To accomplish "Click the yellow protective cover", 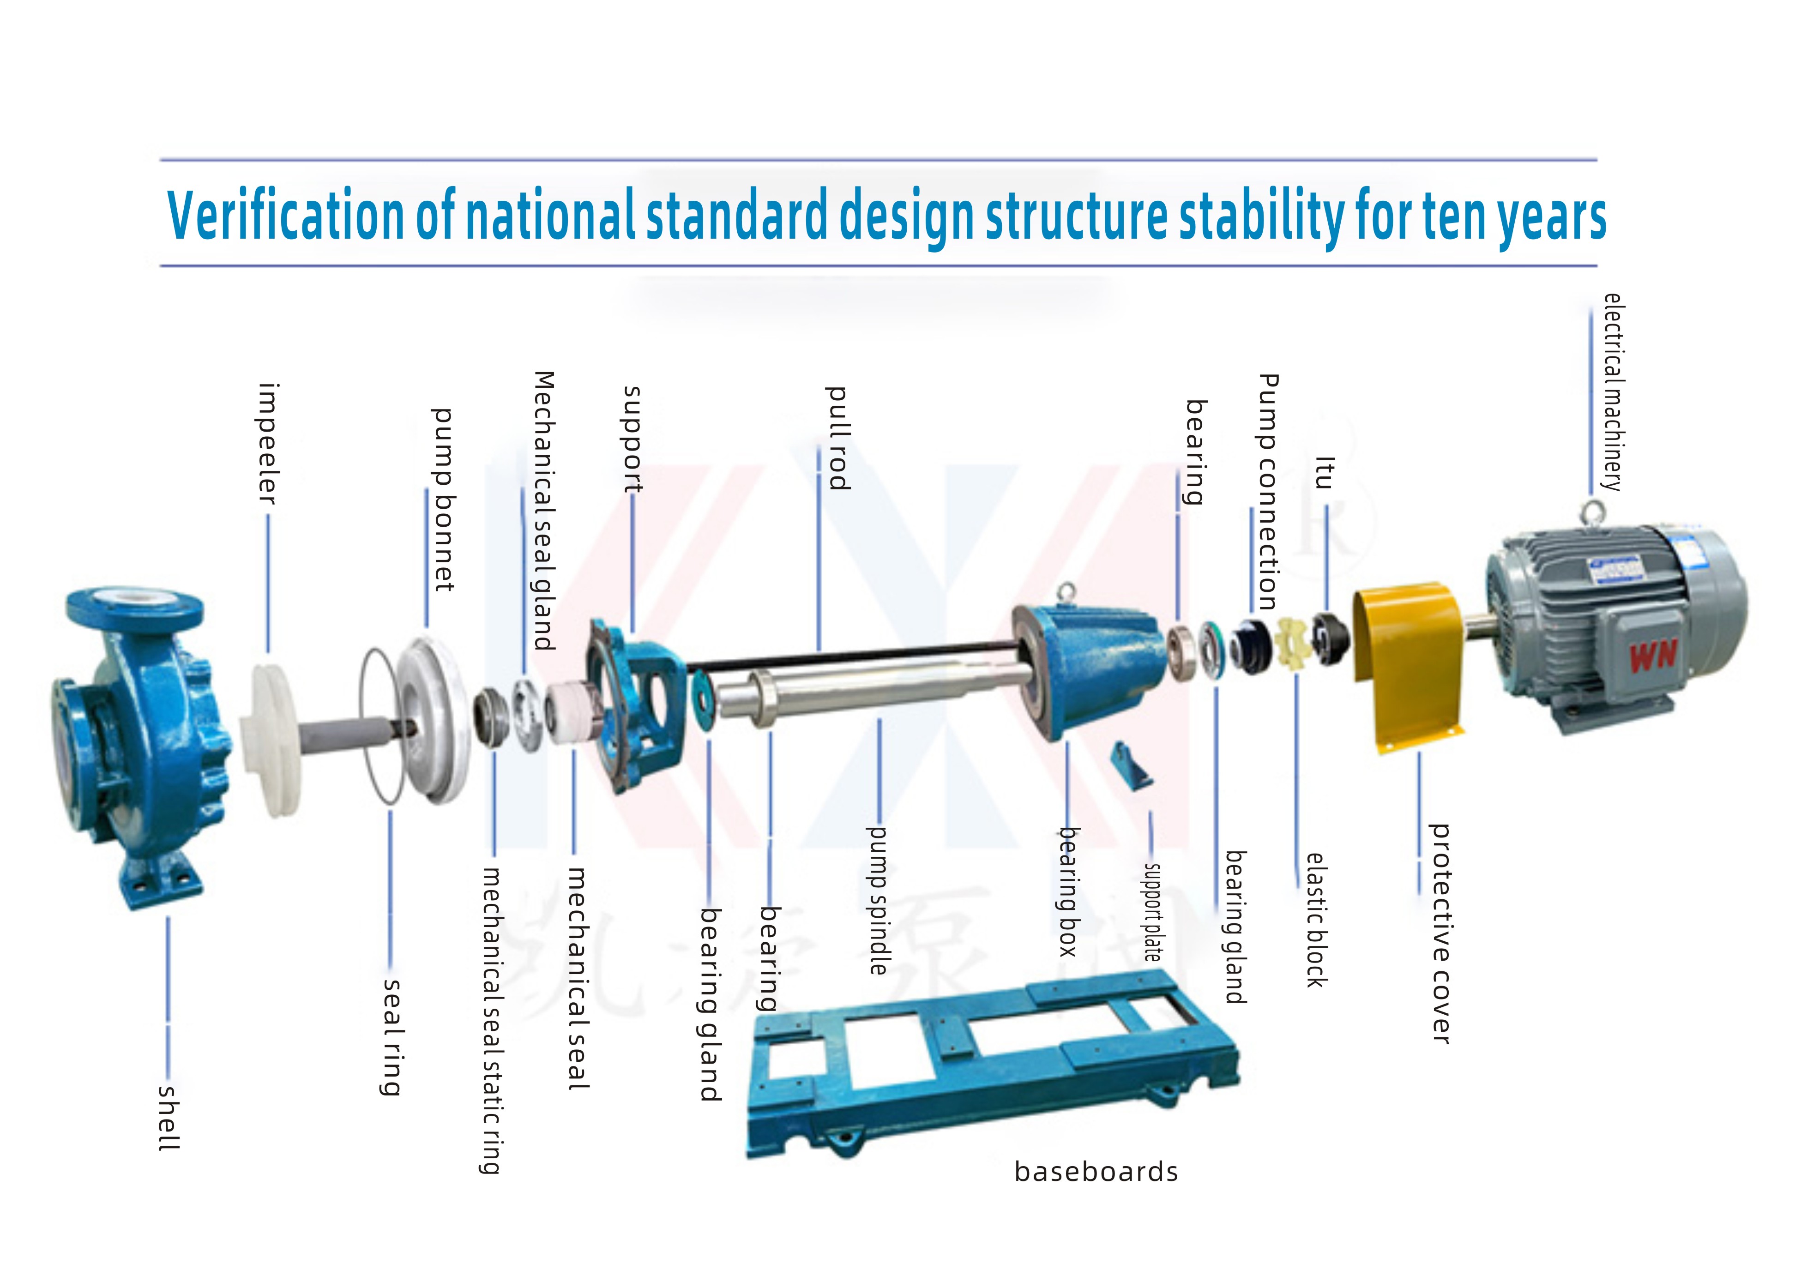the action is click(x=1408, y=665).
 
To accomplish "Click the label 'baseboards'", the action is click(x=1096, y=1172).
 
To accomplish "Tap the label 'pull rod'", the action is click(x=837, y=438).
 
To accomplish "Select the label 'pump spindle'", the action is click(x=878, y=900).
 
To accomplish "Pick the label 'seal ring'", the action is click(x=392, y=1037).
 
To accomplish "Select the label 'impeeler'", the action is click(x=267, y=443).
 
